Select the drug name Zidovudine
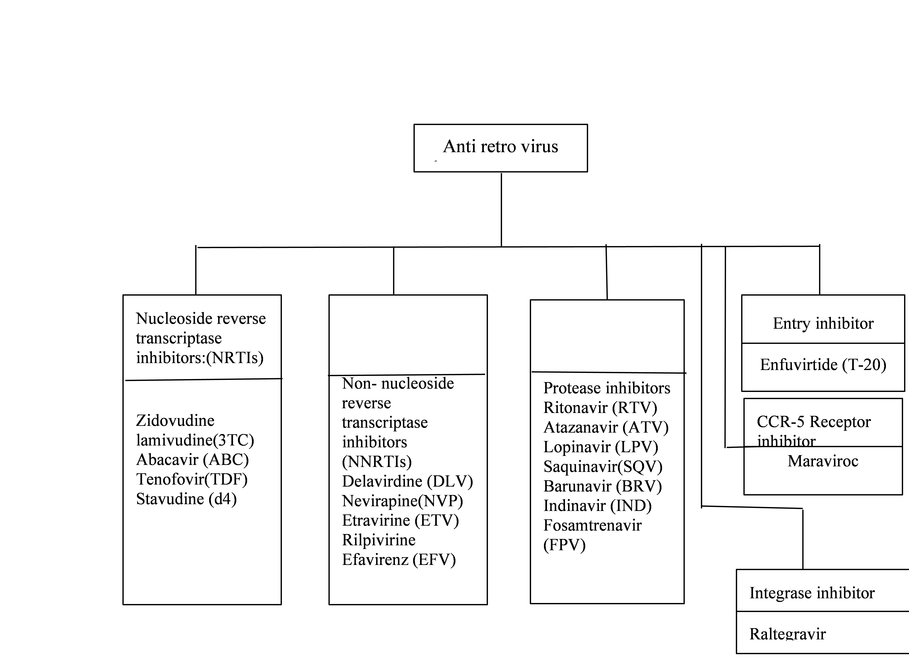click(175, 420)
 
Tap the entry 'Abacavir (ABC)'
click(192, 460)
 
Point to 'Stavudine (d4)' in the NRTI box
click(186, 499)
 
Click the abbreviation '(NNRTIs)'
click(377, 461)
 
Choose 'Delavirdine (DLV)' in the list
click(407, 481)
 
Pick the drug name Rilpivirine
click(379, 540)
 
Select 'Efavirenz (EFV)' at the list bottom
click(399, 560)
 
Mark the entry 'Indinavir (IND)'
click(597, 506)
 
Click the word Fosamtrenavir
click(592, 525)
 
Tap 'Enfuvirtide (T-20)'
click(823, 364)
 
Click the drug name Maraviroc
click(823, 461)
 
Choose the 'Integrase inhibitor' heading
click(812, 593)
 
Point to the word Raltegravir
click(788, 634)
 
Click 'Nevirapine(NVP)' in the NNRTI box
click(402, 501)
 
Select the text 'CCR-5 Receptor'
click(814, 422)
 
